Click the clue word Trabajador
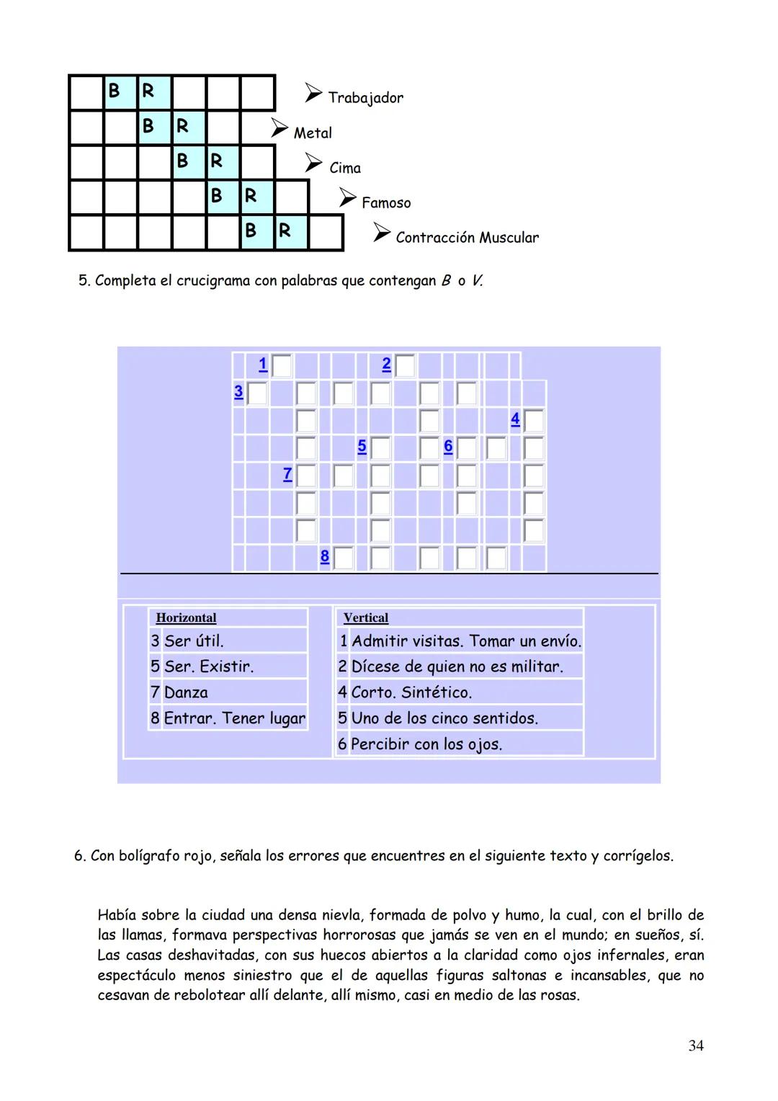click(365, 97)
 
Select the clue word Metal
click(313, 133)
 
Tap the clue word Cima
click(345, 168)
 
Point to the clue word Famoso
click(386, 203)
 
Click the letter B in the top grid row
click(113, 92)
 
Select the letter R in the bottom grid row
click(285, 231)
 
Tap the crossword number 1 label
click(263, 365)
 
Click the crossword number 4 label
click(515, 419)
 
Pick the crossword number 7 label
click(287, 474)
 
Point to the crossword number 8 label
click(325, 556)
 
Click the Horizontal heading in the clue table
click(186, 618)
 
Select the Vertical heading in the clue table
click(365, 618)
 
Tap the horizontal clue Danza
click(186, 692)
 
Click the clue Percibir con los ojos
click(426, 744)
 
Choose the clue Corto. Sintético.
click(411, 692)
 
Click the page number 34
click(695, 1046)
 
